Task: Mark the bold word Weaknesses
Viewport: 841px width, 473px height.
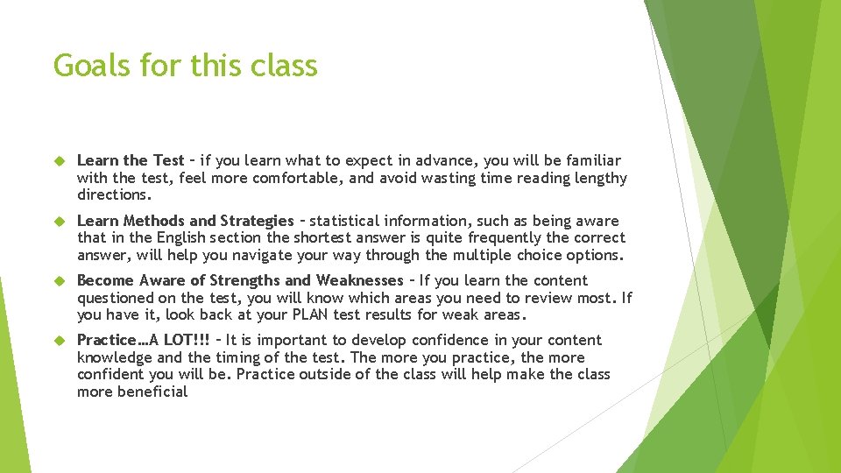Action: (359, 280)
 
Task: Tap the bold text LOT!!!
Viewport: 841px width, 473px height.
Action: (187, 340)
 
